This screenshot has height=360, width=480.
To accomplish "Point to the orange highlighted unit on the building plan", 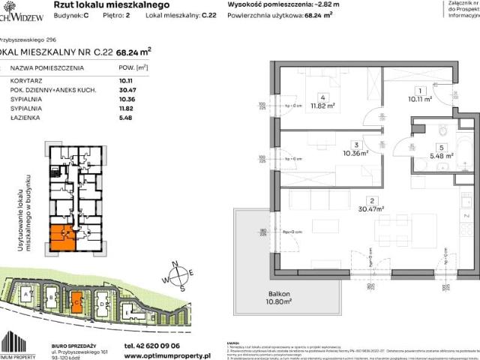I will (x=62, y=237).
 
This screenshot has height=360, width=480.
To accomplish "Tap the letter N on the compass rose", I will (x=172, y=263).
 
